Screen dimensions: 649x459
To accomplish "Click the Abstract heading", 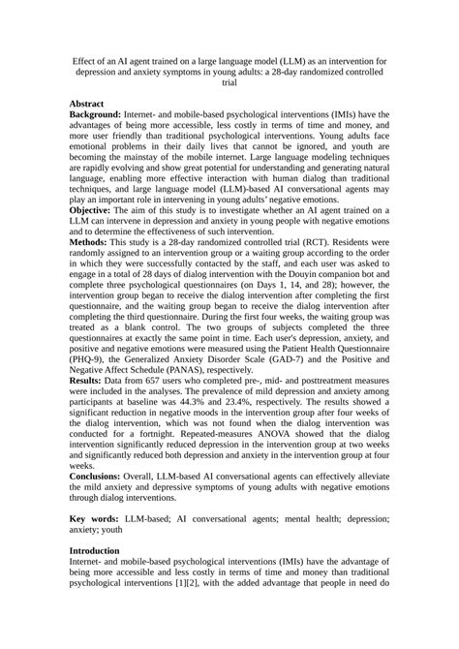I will click(x=92, y=102).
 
